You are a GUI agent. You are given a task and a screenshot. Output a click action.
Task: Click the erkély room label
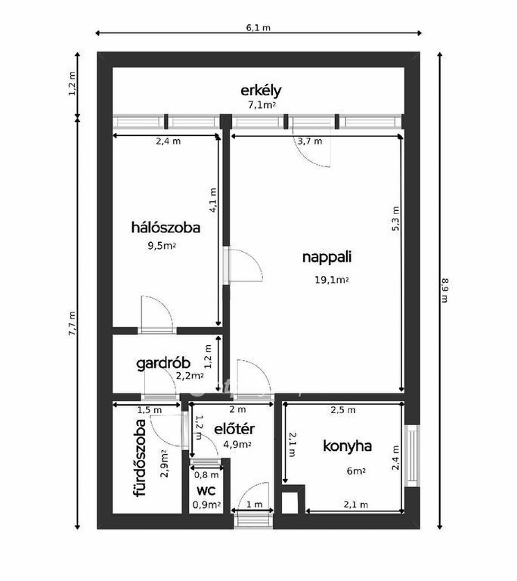(x=261, y=91)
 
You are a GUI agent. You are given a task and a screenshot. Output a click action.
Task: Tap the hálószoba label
(x=166, y=228)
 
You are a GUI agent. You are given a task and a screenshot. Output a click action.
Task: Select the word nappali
(x=327, y=257)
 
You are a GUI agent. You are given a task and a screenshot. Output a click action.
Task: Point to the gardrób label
(x=163, y=363)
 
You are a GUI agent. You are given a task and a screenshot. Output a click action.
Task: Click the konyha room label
(x=348, y=446)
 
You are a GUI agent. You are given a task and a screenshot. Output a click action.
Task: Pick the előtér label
(x=234, y=429)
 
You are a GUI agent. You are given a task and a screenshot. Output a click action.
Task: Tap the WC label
(x=206, y=491)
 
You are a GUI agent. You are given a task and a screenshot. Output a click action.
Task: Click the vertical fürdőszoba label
(x=141, y=458)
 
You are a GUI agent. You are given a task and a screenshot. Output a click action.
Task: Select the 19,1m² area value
(x=332, y=280)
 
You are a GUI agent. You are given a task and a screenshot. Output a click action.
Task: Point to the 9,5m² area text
(x=162, y=246)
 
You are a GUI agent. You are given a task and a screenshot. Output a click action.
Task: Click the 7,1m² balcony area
(x=262, y=105)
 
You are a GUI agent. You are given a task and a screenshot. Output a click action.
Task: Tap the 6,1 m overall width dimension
(x=258, y=28)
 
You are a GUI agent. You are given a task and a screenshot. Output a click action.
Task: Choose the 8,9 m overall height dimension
(x=445, y=290)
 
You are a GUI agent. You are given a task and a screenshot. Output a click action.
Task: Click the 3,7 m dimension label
(x=310, y=141)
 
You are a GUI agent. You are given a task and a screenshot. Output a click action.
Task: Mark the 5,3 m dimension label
(x=396, y=219)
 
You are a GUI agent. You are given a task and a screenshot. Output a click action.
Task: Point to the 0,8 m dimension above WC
(x=206, y=474)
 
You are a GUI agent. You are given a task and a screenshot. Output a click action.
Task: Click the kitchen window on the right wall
(x=412, y=455)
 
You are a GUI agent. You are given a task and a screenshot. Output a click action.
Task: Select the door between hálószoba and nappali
(x=243, y=266)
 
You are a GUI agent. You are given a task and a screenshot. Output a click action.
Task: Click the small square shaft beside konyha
(x=289, y=503)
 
